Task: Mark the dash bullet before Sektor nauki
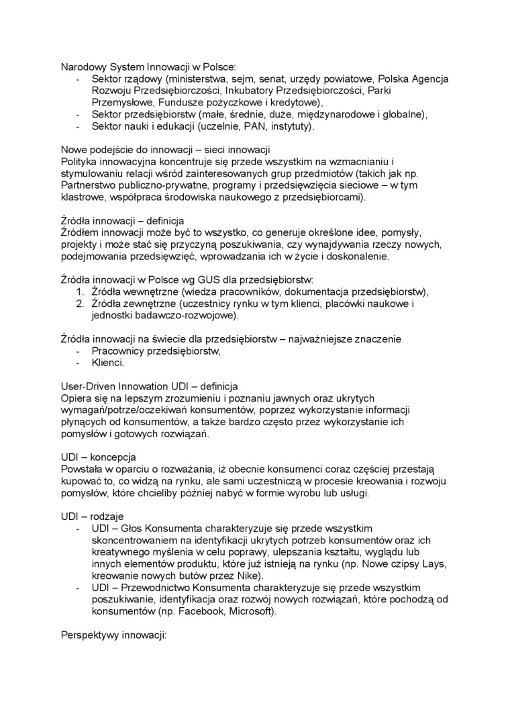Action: pos(79,126)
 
